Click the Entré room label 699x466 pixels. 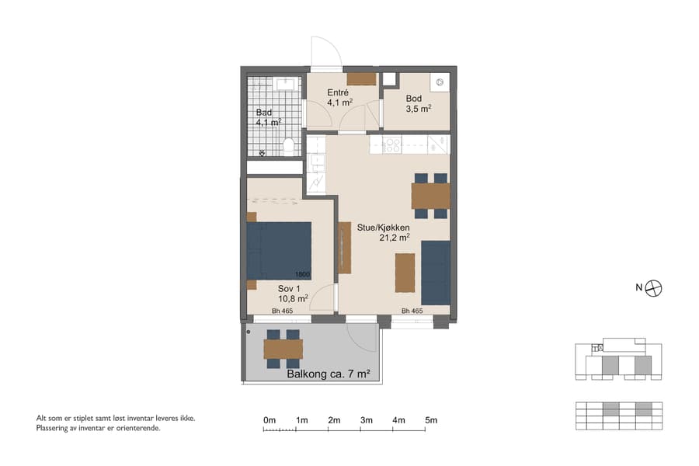(337, 93)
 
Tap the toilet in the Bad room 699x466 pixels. (288, 145)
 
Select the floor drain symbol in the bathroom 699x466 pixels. (262, 153)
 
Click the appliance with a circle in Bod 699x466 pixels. (439, 81)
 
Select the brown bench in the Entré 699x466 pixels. (361, 78)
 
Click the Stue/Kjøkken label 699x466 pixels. (383, 228)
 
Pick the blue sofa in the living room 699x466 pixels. (436, 273)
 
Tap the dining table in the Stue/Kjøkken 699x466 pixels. (430, 196)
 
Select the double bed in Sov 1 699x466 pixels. (279, 250)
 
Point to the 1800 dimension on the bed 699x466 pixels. (302, 274)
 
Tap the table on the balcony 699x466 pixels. (283, 349)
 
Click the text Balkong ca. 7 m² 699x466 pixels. (328, 374)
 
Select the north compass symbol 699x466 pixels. (655, 287)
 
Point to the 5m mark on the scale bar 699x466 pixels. (431, 420)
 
